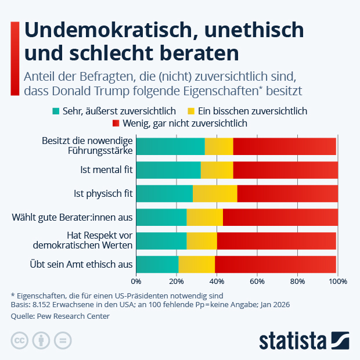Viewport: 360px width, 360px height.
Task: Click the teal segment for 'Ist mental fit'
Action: click(168, 170)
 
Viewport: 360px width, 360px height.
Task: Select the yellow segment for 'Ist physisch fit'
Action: click(215, 193)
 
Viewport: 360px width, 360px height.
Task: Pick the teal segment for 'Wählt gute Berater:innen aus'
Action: click(161, 217)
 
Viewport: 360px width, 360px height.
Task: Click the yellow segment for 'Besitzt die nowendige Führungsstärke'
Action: click(219, 146)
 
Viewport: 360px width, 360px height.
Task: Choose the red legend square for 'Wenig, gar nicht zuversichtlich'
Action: click(116, 123)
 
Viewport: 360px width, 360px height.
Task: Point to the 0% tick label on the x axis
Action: click(136, 282)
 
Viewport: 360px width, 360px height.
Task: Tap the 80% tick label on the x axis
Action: click(297, 282)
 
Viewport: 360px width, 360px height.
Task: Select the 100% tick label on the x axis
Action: click(337, 282)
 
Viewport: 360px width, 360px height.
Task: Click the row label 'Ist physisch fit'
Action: click(103, 193)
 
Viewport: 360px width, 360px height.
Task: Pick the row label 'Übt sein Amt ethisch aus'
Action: click(81, 264)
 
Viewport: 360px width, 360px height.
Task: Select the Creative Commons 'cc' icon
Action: click(20, 340)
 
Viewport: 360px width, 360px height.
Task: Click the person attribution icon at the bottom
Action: click(41, 340)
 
